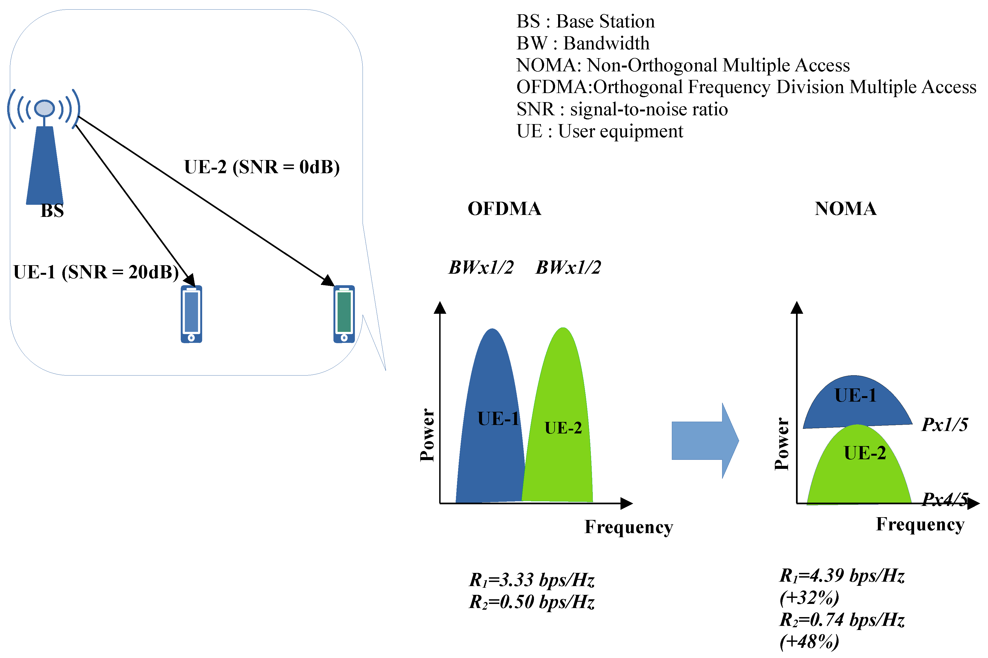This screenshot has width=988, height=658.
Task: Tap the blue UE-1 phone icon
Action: click(191, 314)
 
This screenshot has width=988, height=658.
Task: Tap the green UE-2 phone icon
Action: click(344, 314)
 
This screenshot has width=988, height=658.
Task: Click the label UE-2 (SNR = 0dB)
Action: click(261, 167)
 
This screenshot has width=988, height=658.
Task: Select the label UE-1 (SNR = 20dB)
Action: click(96, 272)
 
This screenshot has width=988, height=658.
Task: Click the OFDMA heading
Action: click(504, 209)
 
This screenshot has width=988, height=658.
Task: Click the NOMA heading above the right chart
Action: click(845, 209)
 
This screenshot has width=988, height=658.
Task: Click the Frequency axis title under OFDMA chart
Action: click(628, 527)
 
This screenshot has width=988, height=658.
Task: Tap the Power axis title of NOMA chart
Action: click(781, 444)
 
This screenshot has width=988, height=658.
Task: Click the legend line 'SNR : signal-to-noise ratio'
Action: click(622, 109)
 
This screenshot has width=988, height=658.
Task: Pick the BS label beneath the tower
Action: click(52, 211)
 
